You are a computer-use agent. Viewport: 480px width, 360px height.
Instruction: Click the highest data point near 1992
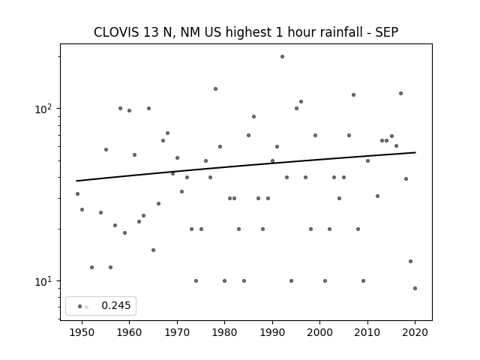[282, 57]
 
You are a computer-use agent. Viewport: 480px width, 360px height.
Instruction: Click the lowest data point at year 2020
[415, 288]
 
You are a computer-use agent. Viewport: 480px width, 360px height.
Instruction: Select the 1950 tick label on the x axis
[82, 332]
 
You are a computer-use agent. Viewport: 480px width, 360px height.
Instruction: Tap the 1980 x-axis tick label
[224, 332]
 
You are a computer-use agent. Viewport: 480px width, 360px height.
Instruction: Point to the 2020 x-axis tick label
[415, 332]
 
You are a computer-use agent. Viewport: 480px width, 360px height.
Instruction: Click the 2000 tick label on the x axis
[320, 332]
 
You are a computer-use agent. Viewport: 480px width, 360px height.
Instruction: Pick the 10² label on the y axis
[45, 109]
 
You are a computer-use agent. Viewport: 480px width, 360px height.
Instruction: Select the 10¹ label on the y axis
[45, 281]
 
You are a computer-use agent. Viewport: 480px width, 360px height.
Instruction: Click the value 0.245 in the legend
[116, 305]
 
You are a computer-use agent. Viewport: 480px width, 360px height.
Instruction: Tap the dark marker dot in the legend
[80, 307]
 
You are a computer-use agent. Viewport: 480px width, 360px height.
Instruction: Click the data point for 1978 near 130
[215, 89]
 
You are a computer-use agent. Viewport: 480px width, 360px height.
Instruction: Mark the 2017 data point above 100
[400, 93]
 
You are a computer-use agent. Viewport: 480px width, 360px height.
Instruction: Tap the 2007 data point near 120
[353, 95]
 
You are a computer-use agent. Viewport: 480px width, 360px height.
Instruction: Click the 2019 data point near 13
[410, 262]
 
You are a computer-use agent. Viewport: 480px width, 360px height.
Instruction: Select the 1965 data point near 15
[153, 250]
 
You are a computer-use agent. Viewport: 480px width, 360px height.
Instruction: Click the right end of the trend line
[415, 152]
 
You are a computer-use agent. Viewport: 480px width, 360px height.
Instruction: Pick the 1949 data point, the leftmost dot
[77, 193]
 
